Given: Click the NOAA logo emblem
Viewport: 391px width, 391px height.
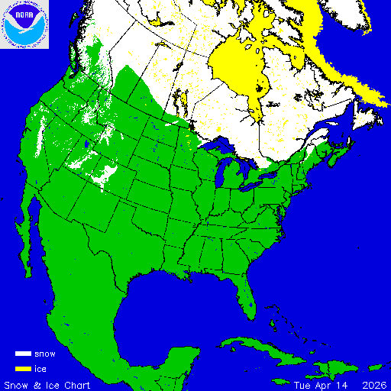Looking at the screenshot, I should [24, 24].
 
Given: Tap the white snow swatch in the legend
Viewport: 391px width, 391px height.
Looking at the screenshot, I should [24, 354].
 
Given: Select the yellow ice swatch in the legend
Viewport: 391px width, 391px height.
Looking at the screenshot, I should [24, 369].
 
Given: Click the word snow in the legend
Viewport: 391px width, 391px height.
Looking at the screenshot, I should [45, 354].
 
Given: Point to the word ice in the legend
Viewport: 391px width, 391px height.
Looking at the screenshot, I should [40, 369].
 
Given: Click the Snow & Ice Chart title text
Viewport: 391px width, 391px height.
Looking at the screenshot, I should [47, 384].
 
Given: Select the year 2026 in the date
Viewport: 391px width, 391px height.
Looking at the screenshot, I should [374, 384].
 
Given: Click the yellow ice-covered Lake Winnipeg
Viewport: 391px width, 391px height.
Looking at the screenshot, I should [190, 137].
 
